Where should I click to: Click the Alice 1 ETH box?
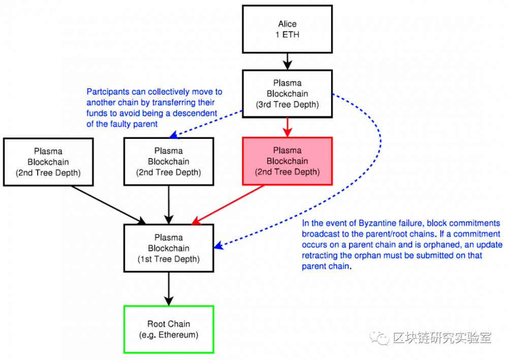point(287,28)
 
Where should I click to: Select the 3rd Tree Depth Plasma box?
point(287,94)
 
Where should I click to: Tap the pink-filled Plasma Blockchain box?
point(287,161)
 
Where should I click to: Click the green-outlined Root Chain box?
point(169,329)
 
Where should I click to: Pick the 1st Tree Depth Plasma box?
point(169,248)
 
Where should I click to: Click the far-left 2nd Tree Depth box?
point(48,161)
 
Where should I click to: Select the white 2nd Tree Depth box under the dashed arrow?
point(169,161)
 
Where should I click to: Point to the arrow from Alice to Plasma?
point(288,61)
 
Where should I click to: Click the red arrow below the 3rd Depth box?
point(288,127)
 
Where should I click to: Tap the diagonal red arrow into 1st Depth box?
point(229,204)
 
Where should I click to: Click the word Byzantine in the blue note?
point(378,223)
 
